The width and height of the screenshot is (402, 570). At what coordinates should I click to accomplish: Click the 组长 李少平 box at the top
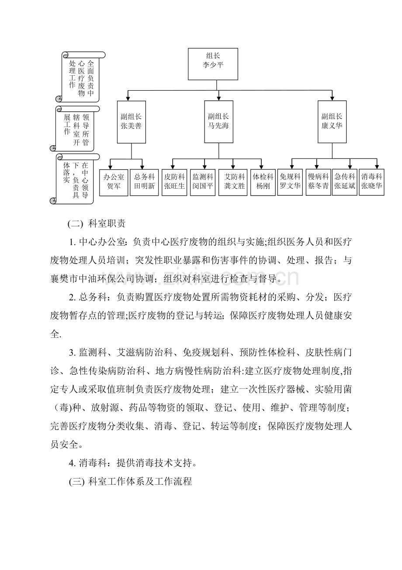tap(213, 64)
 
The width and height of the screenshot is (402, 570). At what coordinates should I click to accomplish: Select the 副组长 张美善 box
tap(131, 121)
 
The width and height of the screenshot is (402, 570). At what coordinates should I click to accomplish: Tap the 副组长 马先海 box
tap(218, 121)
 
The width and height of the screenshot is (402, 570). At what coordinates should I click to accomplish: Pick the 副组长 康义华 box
tap(332, 121)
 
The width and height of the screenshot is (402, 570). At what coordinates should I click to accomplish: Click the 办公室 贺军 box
tap(114, 182)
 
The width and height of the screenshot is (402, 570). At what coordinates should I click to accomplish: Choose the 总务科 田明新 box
tap(144, 182)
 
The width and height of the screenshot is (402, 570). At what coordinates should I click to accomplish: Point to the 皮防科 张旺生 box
tap(174, 182)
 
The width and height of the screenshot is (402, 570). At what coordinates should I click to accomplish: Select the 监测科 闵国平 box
tap(203, 182)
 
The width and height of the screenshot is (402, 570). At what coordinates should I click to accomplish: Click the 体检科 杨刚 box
tap(263, 182)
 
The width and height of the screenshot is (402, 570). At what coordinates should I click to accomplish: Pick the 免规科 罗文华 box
tap(290, 182)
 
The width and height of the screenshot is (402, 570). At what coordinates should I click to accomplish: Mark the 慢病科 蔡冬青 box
tap(318, 182)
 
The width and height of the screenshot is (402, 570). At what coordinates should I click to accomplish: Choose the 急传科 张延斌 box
tap(345, 182)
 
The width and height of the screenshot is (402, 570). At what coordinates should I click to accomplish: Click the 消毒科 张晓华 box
tap(372, 182)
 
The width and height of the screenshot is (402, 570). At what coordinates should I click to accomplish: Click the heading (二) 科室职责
tap(97, 223)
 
